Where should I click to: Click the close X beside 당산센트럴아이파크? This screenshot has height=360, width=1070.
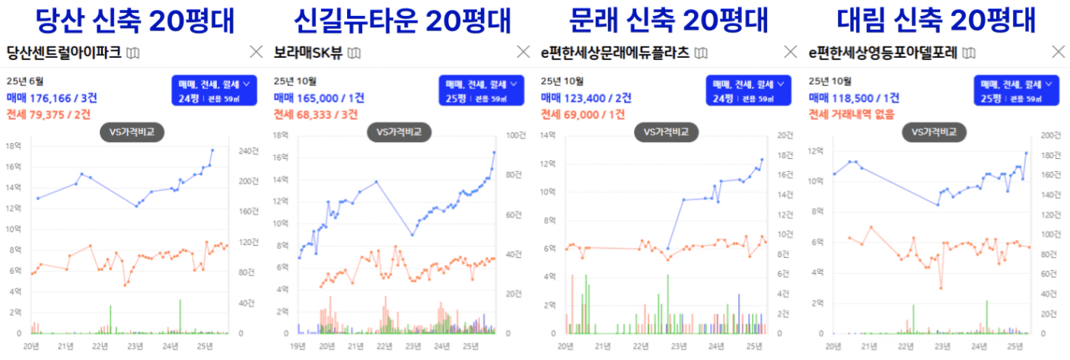click(x=256, y=53)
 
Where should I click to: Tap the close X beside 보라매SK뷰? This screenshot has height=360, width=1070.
click(x=524, y=53)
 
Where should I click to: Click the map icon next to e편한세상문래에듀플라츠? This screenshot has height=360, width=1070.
click(x=701, y=53)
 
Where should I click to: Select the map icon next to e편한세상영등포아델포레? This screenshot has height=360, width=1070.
click(x=968, y=53)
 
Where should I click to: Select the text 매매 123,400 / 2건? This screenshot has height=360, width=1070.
click(x=584, y=97)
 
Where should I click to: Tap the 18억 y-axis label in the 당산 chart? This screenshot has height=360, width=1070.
click(x=13, y=145)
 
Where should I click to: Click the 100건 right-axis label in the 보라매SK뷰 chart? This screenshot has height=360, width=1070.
click(x=515, y=135)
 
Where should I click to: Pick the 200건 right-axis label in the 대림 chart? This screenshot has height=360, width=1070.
click(x=1052, y=135)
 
